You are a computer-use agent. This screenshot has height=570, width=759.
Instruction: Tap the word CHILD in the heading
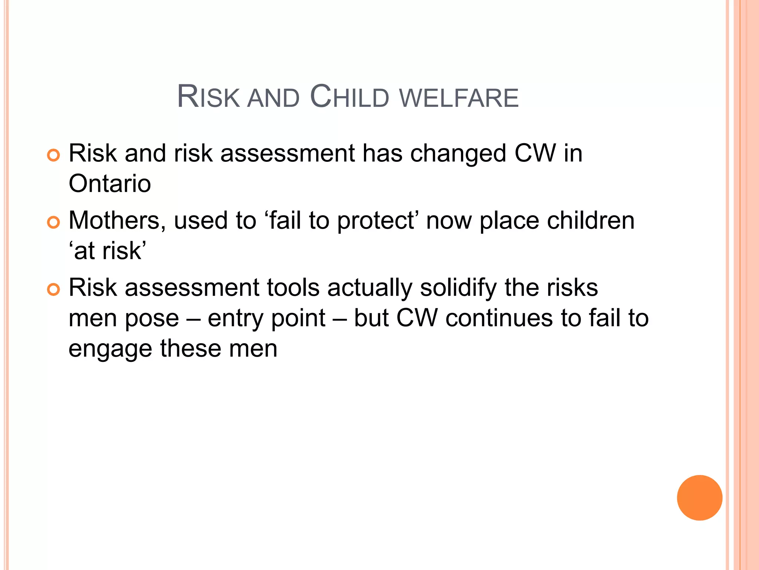[x=349, y=97]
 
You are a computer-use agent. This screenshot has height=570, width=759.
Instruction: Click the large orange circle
[x=699, y=498]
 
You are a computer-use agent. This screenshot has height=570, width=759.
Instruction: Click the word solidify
[x=458, y=288]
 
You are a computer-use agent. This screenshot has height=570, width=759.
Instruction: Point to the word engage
[x=110, y=350]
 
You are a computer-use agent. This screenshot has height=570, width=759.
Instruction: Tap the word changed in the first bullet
[x=458, y=154]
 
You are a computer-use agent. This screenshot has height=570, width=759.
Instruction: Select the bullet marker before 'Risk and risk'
[x=54, y=155]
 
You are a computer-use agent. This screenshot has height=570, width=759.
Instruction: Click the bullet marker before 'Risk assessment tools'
[x=54, y=290]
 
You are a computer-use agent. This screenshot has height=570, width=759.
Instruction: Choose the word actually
[x=369, y=288]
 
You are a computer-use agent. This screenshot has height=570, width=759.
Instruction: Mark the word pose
[x=152, y=319]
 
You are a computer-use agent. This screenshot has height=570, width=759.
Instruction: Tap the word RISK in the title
[x=209, y=97]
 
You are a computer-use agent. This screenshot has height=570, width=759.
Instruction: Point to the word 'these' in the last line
[x=190, y=349]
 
